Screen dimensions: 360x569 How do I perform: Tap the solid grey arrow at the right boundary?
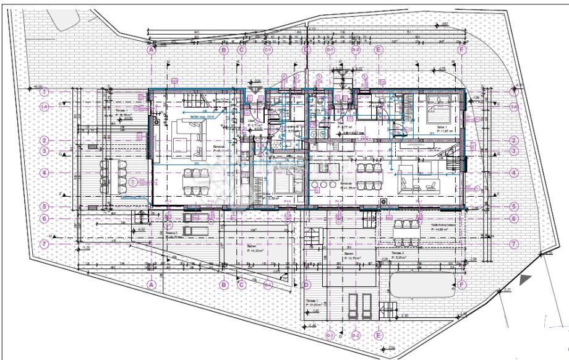click(525, 280)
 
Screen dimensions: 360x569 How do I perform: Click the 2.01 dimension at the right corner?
click(508, 289)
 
